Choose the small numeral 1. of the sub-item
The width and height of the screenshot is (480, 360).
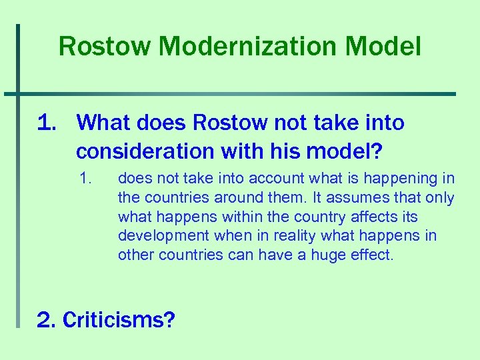84,179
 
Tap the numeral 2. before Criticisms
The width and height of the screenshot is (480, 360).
46,320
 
